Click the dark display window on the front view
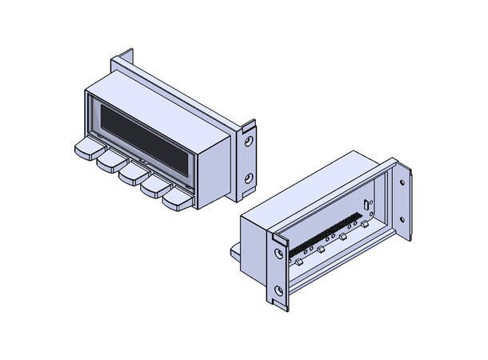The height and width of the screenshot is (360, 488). (x=144, y=138)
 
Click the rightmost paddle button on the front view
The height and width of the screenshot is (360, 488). (x=178, y=201)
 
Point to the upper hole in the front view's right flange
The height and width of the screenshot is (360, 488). (x=250, y=141)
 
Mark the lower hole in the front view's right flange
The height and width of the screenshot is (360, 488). (x=249, y=178)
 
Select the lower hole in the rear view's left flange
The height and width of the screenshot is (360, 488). (x=278, y=290)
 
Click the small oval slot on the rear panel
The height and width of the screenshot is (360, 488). (x=366, y=206)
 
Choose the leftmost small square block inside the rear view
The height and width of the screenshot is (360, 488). (x=298, y=262)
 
